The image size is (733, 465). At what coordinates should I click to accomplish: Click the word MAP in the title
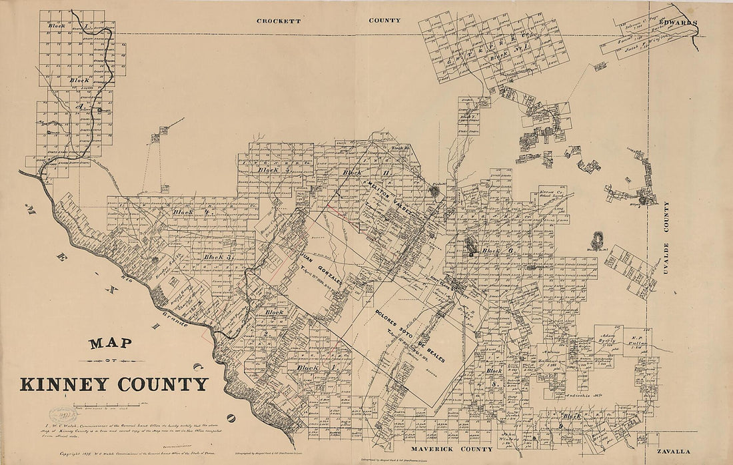tap(110, 344)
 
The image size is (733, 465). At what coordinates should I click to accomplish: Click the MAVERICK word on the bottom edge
tap(432, 448)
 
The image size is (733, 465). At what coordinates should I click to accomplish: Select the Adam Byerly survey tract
tap(606, 341)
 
